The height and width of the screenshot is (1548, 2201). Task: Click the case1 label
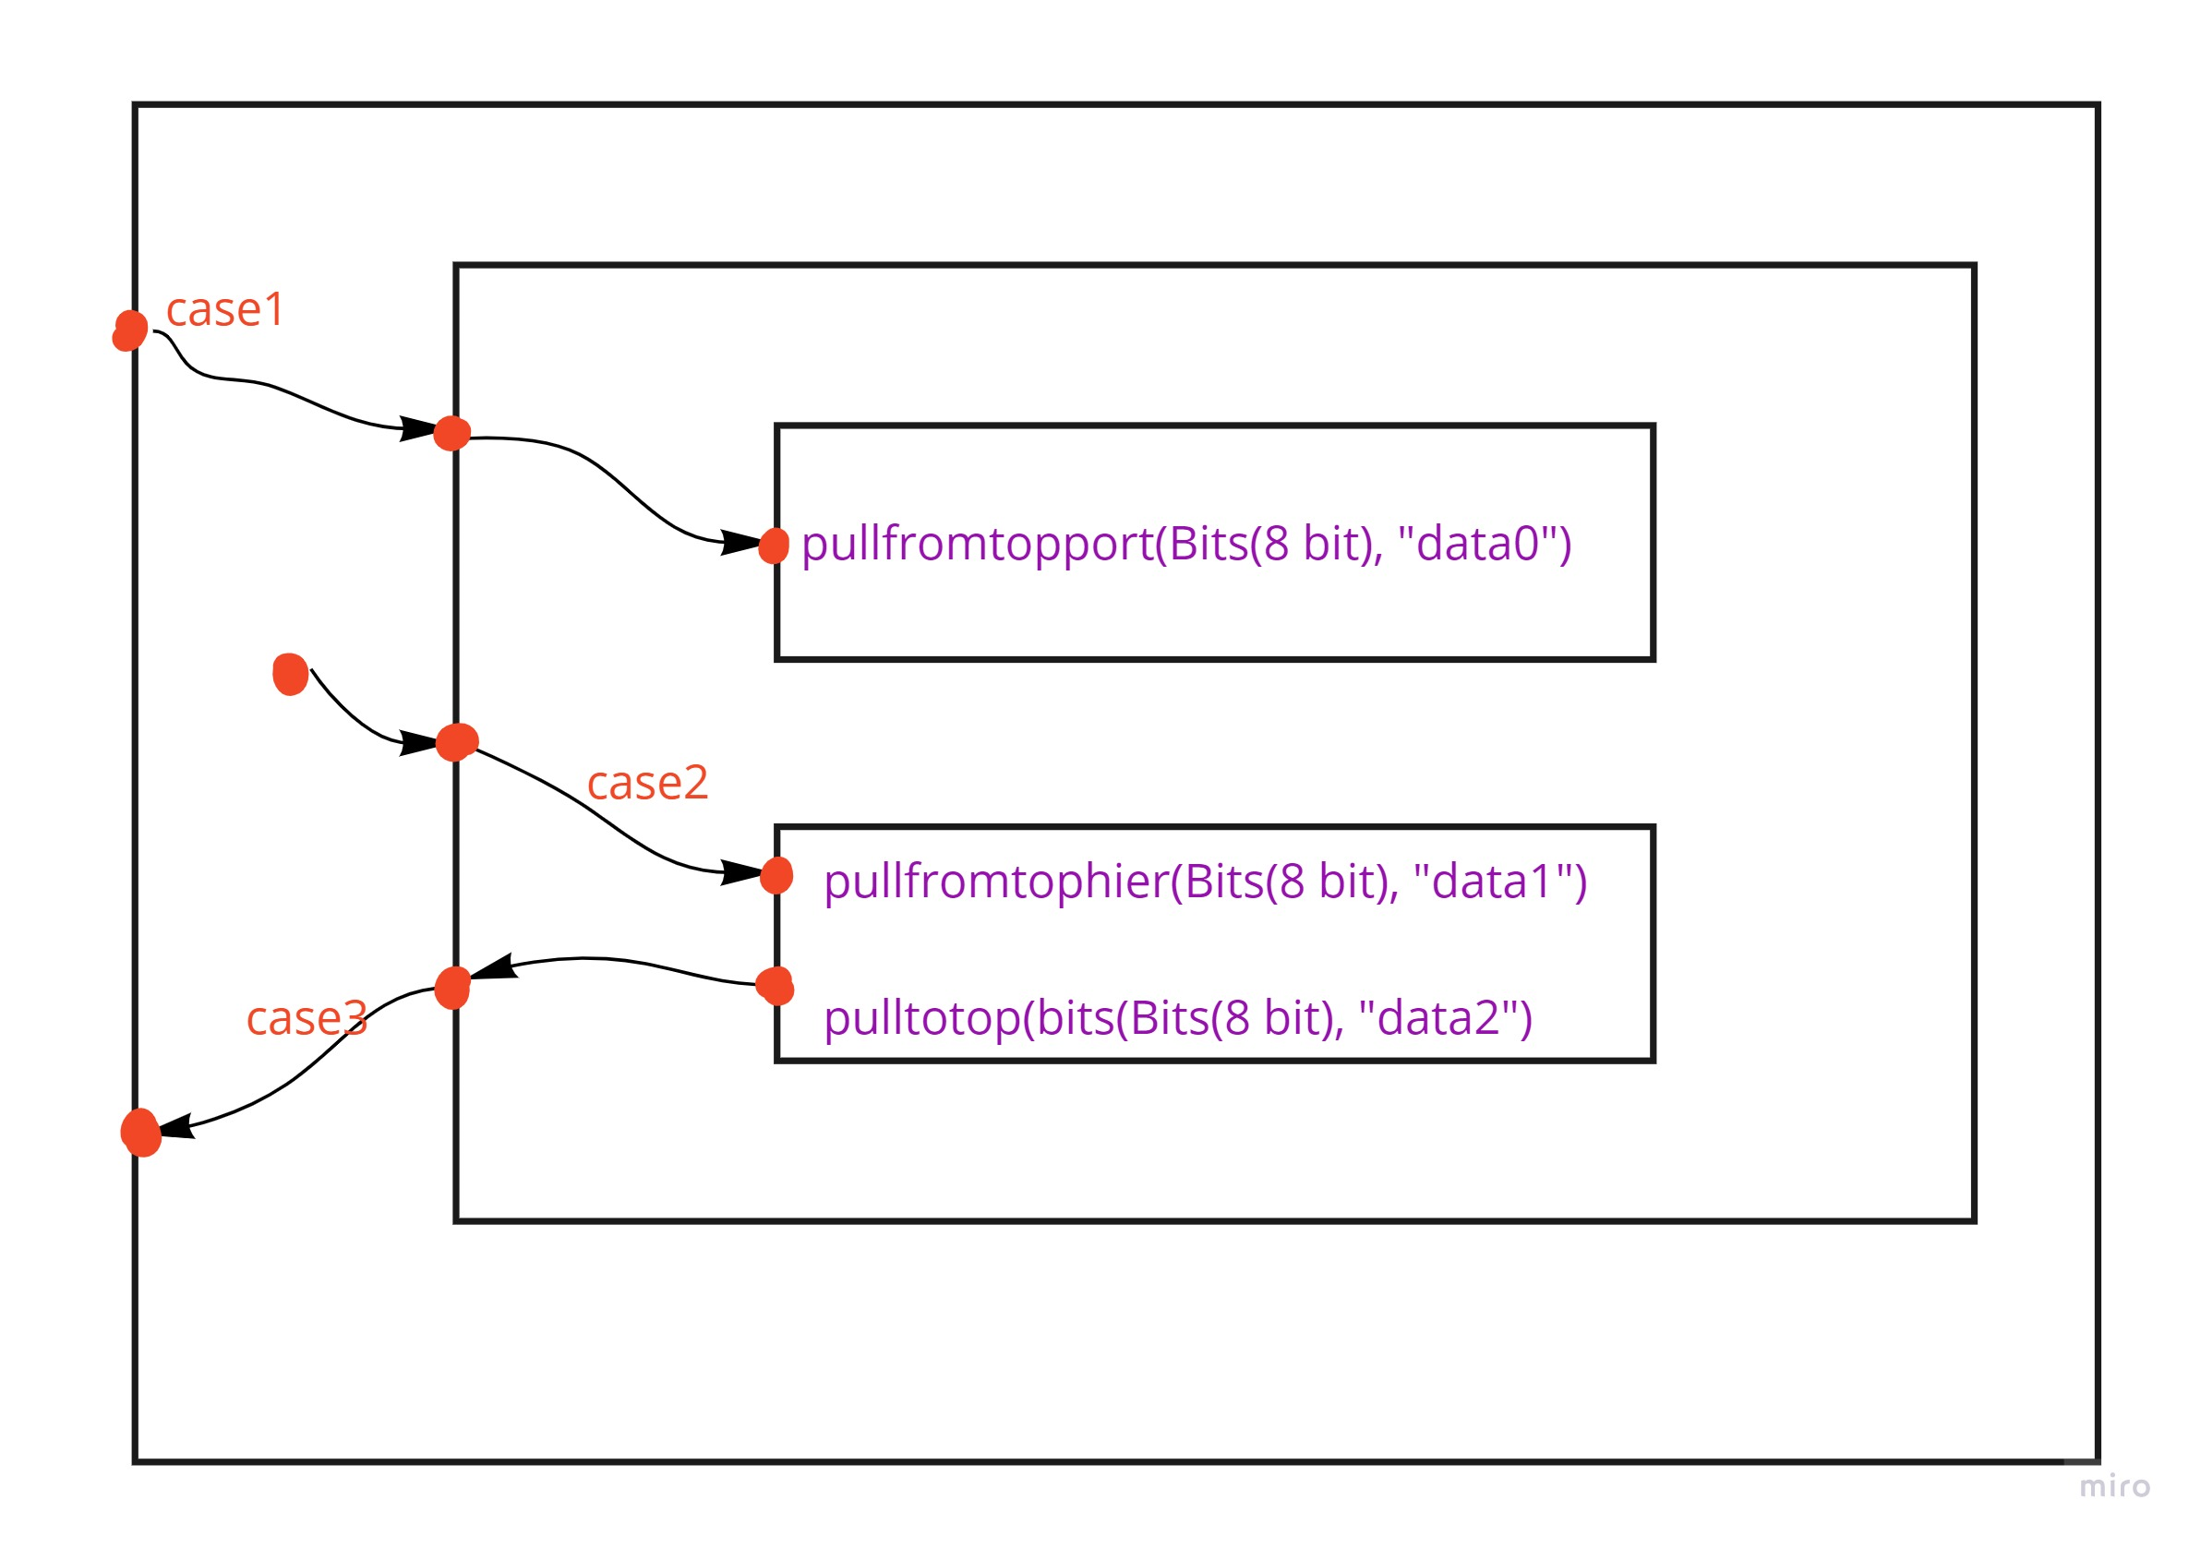click(225, 309)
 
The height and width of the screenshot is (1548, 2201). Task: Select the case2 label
click(647, 783)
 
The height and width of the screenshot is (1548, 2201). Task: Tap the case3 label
click(307, 1018)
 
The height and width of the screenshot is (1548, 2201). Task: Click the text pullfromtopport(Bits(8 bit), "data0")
click(1185, 544)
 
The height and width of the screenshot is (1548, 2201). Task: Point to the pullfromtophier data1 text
click(1205, 881)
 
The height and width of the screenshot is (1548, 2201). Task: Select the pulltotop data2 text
click(1177, 1018)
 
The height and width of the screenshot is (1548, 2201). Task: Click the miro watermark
click(2115, 1487)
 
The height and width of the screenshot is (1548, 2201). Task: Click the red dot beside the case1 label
click(130, 330)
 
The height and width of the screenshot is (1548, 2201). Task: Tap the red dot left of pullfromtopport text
click(774, 546)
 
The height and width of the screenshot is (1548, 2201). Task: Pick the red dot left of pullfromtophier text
click(776, 875)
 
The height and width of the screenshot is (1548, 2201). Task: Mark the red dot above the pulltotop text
click(775, 985)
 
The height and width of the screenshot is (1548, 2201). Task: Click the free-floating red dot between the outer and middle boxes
click(291, 674)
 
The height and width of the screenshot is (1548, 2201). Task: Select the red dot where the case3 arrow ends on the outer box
click(141, 1133)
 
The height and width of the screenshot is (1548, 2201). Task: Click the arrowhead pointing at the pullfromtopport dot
click(741, 543)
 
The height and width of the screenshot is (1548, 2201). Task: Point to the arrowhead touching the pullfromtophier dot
click(741, 872)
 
